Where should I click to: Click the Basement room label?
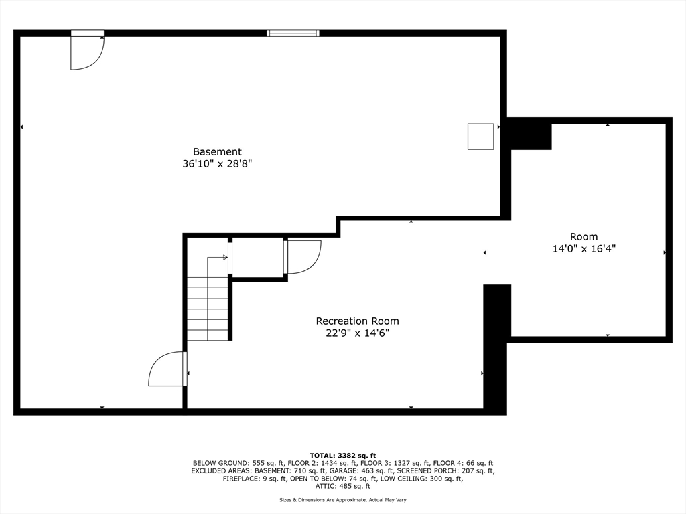tap(217, 152)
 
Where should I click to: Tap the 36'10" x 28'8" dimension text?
tap(217, 164)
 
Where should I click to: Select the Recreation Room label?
tap(358, 321)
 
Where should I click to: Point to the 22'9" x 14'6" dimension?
tap(358, 333)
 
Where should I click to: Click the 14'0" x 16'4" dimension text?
tap(584, 249)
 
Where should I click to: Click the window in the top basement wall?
tap(293, 33)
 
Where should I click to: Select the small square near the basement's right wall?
tap(480, 137)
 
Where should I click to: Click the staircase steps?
tap(208, 309)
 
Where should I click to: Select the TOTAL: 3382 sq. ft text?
tap(342, 455)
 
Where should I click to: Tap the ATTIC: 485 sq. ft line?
tap(342, 486)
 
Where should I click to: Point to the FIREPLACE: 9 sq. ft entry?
tap(255, 479)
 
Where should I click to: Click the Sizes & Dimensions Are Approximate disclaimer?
tap(342, 499)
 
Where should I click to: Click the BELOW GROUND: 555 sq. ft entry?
tap(239, 463)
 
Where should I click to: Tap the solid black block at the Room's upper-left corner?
tap(529, 134)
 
